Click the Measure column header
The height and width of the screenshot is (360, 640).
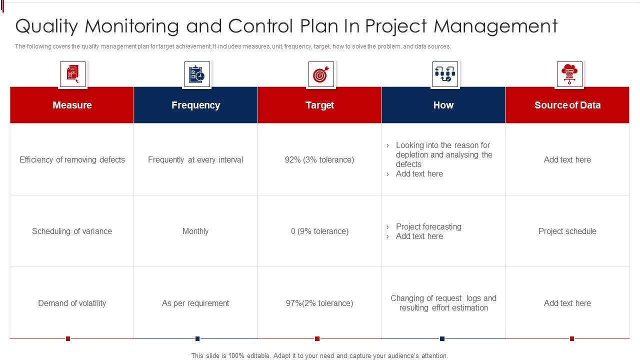tap(72, 105)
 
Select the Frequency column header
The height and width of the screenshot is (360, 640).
tap(195, 105)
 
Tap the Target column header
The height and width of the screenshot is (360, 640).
tap(319, 105)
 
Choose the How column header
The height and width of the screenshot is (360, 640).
tap(443, 105)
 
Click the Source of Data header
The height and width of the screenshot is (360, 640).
tap(567, 105)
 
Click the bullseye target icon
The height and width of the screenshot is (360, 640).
tap(320, 74)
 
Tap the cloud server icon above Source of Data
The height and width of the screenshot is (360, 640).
tap(569, 74)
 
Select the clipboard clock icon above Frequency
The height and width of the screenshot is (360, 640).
tap(197, 74)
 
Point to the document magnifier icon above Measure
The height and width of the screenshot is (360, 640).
tap(72, 74)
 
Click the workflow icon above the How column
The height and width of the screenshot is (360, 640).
tap(445, 74)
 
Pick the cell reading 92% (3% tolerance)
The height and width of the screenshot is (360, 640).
tap(319, 160)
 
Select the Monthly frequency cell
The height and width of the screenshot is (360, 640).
tap(195, 231)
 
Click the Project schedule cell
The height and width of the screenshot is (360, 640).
tap(567, 231)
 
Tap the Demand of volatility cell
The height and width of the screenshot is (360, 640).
tap(72, 303)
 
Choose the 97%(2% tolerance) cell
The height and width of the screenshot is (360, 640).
tap(319, 303)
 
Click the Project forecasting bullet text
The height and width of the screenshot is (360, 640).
tap(428, 227)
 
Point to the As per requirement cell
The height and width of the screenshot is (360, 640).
tap(195, 303)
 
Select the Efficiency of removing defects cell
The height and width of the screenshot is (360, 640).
tap(72, 160)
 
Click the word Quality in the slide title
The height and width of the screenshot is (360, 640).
tap(47, 26)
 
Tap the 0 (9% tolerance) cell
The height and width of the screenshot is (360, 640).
tap(319, 231)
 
